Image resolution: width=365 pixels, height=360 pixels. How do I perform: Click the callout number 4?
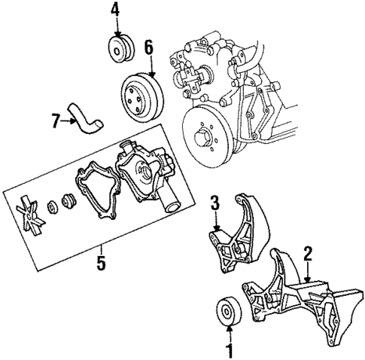coord(114,10)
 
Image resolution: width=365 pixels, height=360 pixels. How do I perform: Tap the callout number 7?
coord(54,120)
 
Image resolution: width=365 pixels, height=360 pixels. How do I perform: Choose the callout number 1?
coord(229,350)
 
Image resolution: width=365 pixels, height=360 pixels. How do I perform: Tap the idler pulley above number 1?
coord(227,311)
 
